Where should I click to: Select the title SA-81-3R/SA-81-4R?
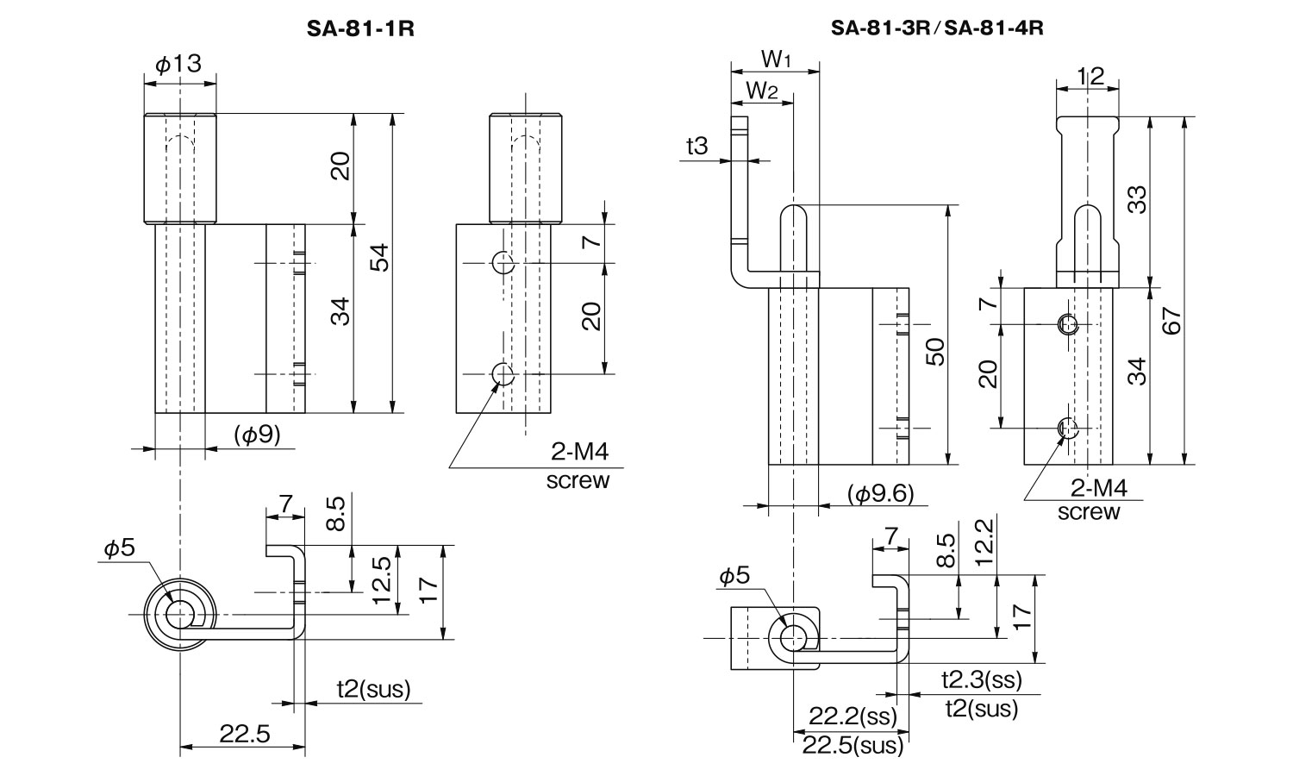937,28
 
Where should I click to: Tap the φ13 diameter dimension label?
178,64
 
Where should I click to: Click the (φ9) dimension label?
257,435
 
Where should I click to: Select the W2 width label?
761,89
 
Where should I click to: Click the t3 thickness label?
696,147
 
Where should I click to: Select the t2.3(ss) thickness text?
981,680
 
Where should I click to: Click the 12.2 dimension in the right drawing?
984,541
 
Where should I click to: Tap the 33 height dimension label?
1137,200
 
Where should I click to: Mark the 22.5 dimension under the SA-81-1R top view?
245,735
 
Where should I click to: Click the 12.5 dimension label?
382,579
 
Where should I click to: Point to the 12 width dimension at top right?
1090,77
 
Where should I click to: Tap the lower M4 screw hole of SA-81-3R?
1069,426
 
